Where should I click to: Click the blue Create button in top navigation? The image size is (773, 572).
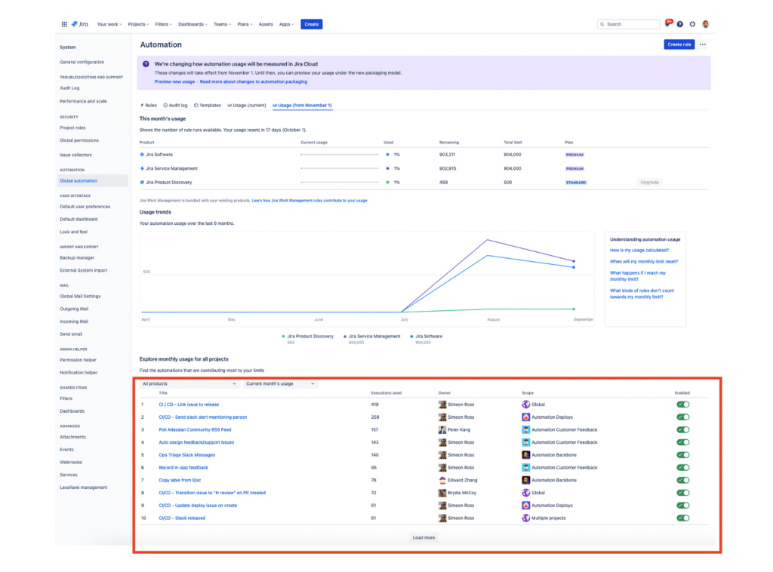click(x=311, y=24)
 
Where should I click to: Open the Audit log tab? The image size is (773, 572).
click(x=177, y=106)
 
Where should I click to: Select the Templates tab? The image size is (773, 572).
click(x=209, y=106)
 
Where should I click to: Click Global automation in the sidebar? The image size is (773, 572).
click(x=79, y=181)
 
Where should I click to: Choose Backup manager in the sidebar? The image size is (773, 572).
click(x=77, y=257)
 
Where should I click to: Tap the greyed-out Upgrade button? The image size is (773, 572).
click(x=649, y=183)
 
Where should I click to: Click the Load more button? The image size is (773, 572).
click(x=423, y=537)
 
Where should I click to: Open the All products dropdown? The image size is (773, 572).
click(x=189, y=384)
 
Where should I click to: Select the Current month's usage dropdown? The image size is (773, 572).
click(x=280, y=384)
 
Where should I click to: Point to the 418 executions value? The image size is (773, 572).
click(x=375, y=404)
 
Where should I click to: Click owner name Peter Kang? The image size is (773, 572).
click(x=459, y=429)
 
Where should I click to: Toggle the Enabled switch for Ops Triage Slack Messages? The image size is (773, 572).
click(x=683, y=455)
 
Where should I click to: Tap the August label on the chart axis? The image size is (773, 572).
click(x=493, y=320)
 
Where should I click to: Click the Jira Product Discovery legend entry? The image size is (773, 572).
click(x=309, y=337)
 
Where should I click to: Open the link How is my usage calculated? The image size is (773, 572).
click(x=639, y=250)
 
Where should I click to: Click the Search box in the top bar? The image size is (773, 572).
click(x=628, y=24)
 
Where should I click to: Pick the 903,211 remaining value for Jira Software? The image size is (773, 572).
click(x=448, y=155)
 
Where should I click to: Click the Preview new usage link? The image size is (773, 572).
click(x=174, y=81)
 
